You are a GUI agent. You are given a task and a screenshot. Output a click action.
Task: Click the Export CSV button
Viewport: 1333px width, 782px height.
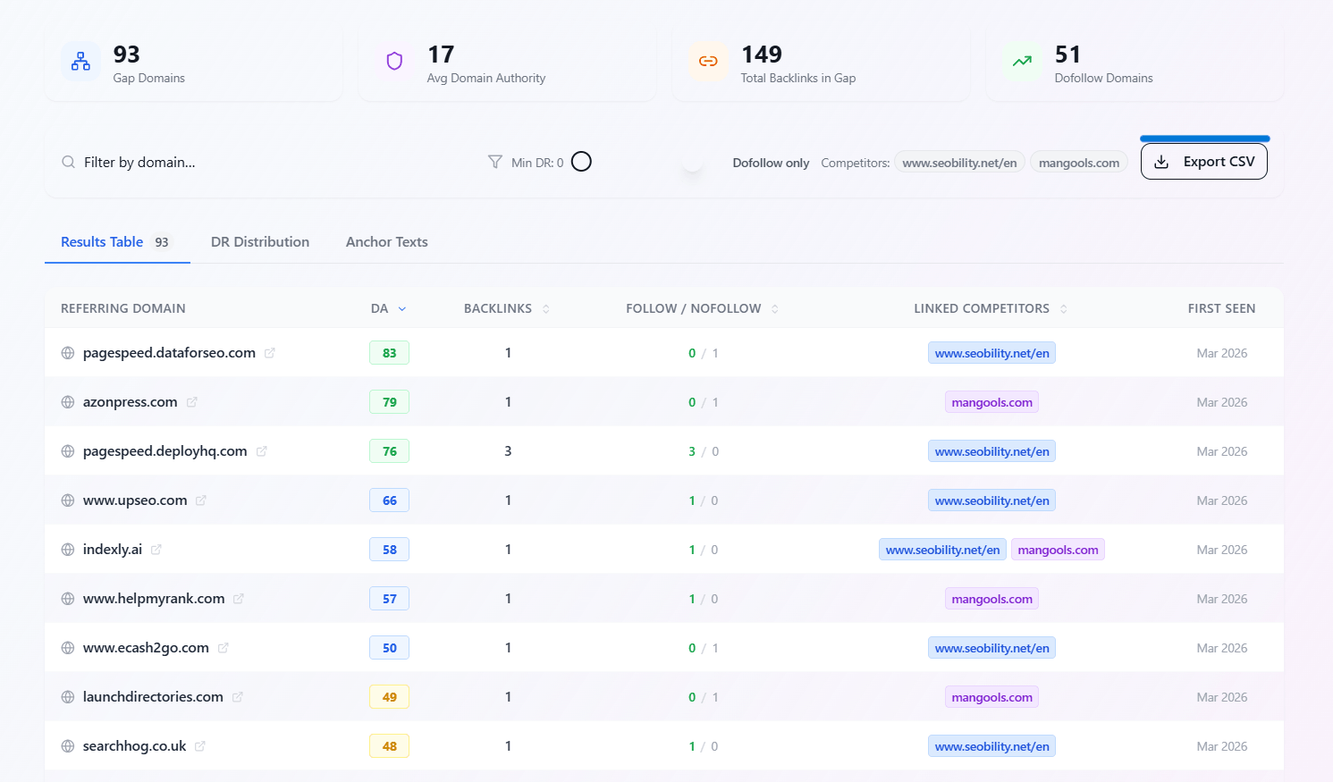pos(1203,162)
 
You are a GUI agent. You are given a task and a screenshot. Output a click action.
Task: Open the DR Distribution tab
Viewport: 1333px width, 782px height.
pos(260,242)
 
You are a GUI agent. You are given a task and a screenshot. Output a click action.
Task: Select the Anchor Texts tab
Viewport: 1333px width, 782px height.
pos(386,242)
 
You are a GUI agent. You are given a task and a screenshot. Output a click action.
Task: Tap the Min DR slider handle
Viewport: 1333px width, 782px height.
pos(581,162)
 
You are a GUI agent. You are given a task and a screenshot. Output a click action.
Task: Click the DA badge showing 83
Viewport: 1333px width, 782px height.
pos(389,353)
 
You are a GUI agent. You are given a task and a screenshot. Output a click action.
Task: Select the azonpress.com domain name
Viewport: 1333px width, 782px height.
pos(130,402)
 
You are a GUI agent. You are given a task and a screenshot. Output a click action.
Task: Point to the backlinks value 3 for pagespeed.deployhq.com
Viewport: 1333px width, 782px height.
pos(508,451)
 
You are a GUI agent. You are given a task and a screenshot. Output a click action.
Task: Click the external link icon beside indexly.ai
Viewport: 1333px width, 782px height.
pos(156,550)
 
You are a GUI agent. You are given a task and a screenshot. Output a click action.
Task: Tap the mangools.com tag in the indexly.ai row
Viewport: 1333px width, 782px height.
pos(1058,550)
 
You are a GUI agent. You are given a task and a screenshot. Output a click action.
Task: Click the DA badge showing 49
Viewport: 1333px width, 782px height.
pos(389,697)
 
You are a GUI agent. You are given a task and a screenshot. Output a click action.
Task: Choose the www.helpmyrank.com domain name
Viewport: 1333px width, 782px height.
pos(154,599)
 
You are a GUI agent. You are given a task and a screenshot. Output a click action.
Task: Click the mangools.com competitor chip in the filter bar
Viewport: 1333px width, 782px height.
pos(1078,163)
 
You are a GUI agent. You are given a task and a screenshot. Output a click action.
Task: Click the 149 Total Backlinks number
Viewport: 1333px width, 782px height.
pos(762,55)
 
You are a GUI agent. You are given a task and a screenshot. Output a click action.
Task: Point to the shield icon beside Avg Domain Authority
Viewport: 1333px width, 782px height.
pos(394,61)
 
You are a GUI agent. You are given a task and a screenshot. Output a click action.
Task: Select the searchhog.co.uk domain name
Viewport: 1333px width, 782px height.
pos(134,746)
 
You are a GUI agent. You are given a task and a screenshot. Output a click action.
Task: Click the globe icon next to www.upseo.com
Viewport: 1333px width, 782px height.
pos(68,500)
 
